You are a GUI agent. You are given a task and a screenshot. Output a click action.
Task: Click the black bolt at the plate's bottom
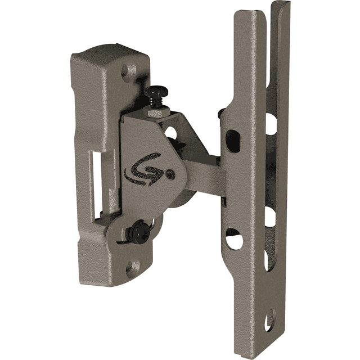[138, 231]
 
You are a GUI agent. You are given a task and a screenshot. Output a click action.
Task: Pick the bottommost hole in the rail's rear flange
[271, 318]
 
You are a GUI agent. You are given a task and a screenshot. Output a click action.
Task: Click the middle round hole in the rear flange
[271, 217]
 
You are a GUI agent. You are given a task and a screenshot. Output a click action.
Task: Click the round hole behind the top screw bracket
[169, 133]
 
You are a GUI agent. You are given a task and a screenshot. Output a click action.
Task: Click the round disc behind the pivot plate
[180, 200]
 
